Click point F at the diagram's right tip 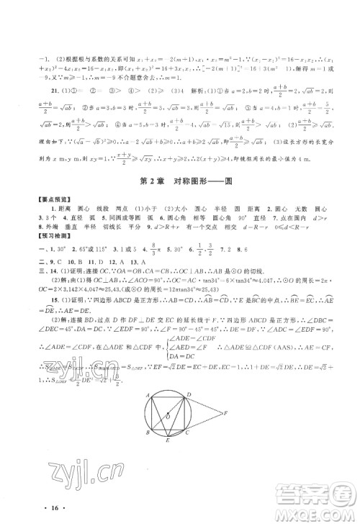[225, 412]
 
